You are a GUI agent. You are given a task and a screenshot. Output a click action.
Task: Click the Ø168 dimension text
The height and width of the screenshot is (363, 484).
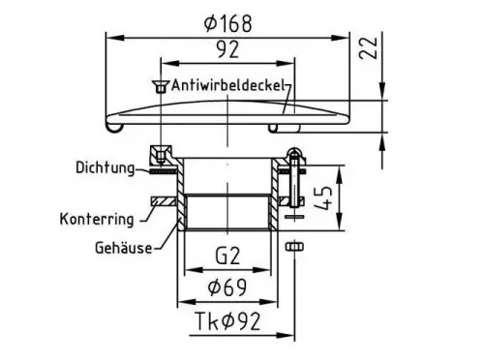coord(228,23)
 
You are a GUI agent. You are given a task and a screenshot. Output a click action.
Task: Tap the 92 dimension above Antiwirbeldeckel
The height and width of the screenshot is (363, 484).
coord(227,49)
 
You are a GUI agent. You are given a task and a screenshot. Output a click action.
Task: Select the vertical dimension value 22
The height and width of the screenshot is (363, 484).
coord(368,47)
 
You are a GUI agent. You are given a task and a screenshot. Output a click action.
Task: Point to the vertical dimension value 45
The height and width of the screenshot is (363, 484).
coord(322,197)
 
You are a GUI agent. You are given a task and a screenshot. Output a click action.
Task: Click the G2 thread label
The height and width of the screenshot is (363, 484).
coord(227,256)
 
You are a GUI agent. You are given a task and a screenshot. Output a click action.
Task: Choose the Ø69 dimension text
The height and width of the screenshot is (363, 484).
coord(227,287)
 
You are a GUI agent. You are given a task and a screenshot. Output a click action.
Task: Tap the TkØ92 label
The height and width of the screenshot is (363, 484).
coord(228,321)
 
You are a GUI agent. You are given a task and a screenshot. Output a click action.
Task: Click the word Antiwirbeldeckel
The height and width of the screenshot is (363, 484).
coord(227,85)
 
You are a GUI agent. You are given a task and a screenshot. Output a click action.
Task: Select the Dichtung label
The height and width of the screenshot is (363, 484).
coord(106,168)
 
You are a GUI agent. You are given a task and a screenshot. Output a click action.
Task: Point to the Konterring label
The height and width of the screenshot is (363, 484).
coord(97,219)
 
